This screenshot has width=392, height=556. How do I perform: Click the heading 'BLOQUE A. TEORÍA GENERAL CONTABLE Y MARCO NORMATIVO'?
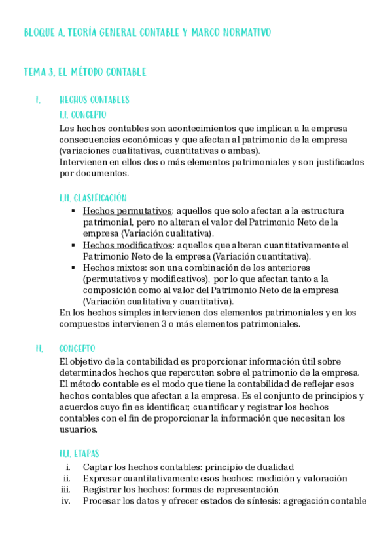pyautogui.click(x=147, y=32)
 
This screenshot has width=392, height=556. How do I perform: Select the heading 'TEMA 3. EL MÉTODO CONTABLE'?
pyautogui.click(x=84, y=72)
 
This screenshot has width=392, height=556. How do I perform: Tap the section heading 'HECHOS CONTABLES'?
pyautogui.click(x=94, y=100)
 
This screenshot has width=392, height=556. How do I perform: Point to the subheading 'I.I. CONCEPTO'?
pyautogui.click(x=82, y=114)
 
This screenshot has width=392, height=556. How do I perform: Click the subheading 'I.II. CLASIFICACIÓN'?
pyautogui.click(x=93, y=197)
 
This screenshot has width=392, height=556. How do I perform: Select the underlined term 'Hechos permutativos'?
pyautogui.click(x=127, y=211)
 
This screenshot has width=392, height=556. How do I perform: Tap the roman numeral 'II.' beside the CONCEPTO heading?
pyautogui.click(x=39, y=349)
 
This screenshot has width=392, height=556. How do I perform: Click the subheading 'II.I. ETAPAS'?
pyautogui.click(x=79, y=453)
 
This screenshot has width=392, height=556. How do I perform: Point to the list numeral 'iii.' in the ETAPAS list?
pyautogui.click(x=65, y=490)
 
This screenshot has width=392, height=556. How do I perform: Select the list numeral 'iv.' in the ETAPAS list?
pyautogui.click(x=65, y=501)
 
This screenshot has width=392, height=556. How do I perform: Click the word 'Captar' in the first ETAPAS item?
pyautogui.click(x=98, y=467)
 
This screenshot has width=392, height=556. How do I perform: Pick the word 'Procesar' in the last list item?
pyautogui.click(x=101, y=501)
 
